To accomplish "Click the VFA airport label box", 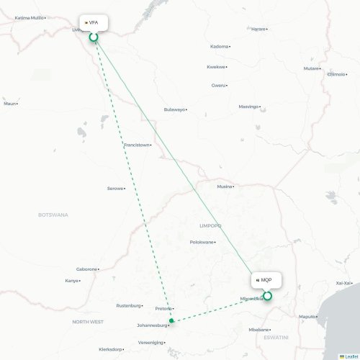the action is [x=94, y=22].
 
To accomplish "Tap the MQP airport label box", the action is [x=265, y=279].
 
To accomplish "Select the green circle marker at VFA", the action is [x=93, y=36].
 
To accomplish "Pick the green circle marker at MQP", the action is [x=267, y=295].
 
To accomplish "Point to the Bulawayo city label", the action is [x=174, y=109].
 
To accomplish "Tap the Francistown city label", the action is [x=137, y=145].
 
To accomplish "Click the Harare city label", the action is [x=258, y=29].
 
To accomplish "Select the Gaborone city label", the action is [x=86, y=269].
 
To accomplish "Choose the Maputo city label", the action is [x=308, y=316].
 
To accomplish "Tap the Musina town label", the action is [x=225, y=186].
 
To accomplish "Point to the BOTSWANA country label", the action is [x=53, y=215].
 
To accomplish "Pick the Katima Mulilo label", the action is [x=29, y=17].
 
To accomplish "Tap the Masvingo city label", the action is [x=248, y=107].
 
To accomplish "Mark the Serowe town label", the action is [x=114, y=189].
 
